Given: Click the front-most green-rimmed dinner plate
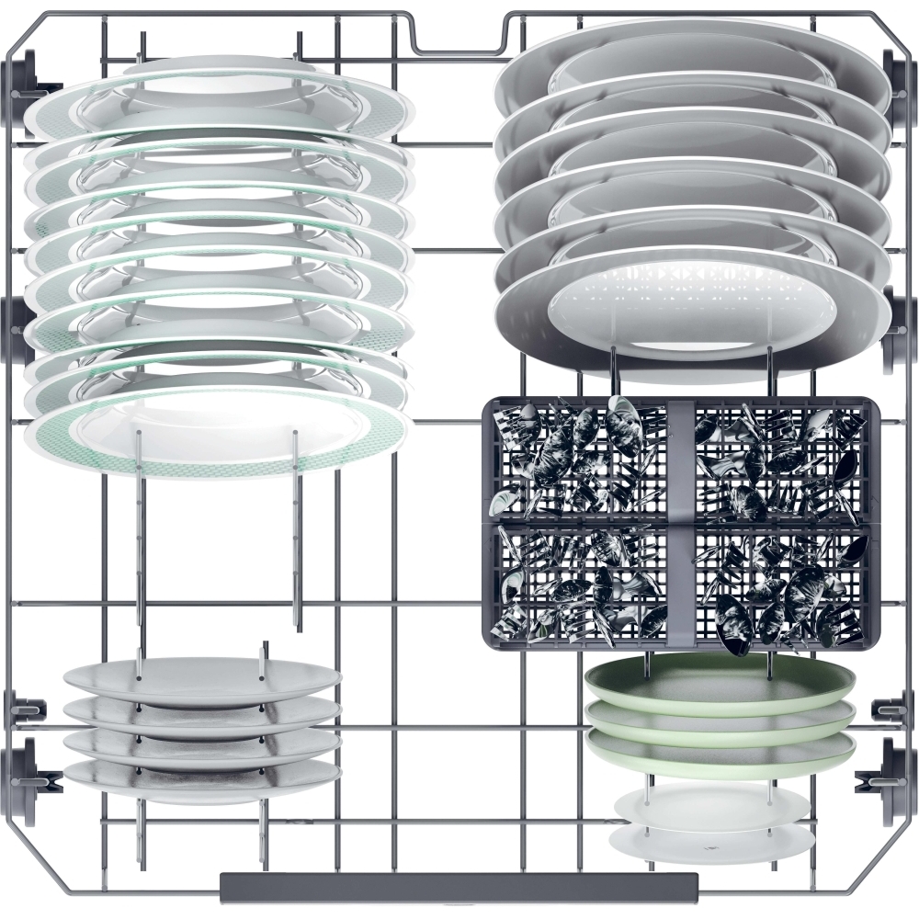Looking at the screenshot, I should pyautogui.click(x=216, y=437).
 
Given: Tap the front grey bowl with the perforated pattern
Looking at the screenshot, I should pyautogui.click(x=691, y=312).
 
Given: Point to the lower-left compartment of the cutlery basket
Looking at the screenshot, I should pyautogui.click(x=579, y=584).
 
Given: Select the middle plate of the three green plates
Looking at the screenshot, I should pyautogui.click(x=721, y=717).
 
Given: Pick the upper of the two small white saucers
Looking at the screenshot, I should pyautogui.click(x=712, y=805).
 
